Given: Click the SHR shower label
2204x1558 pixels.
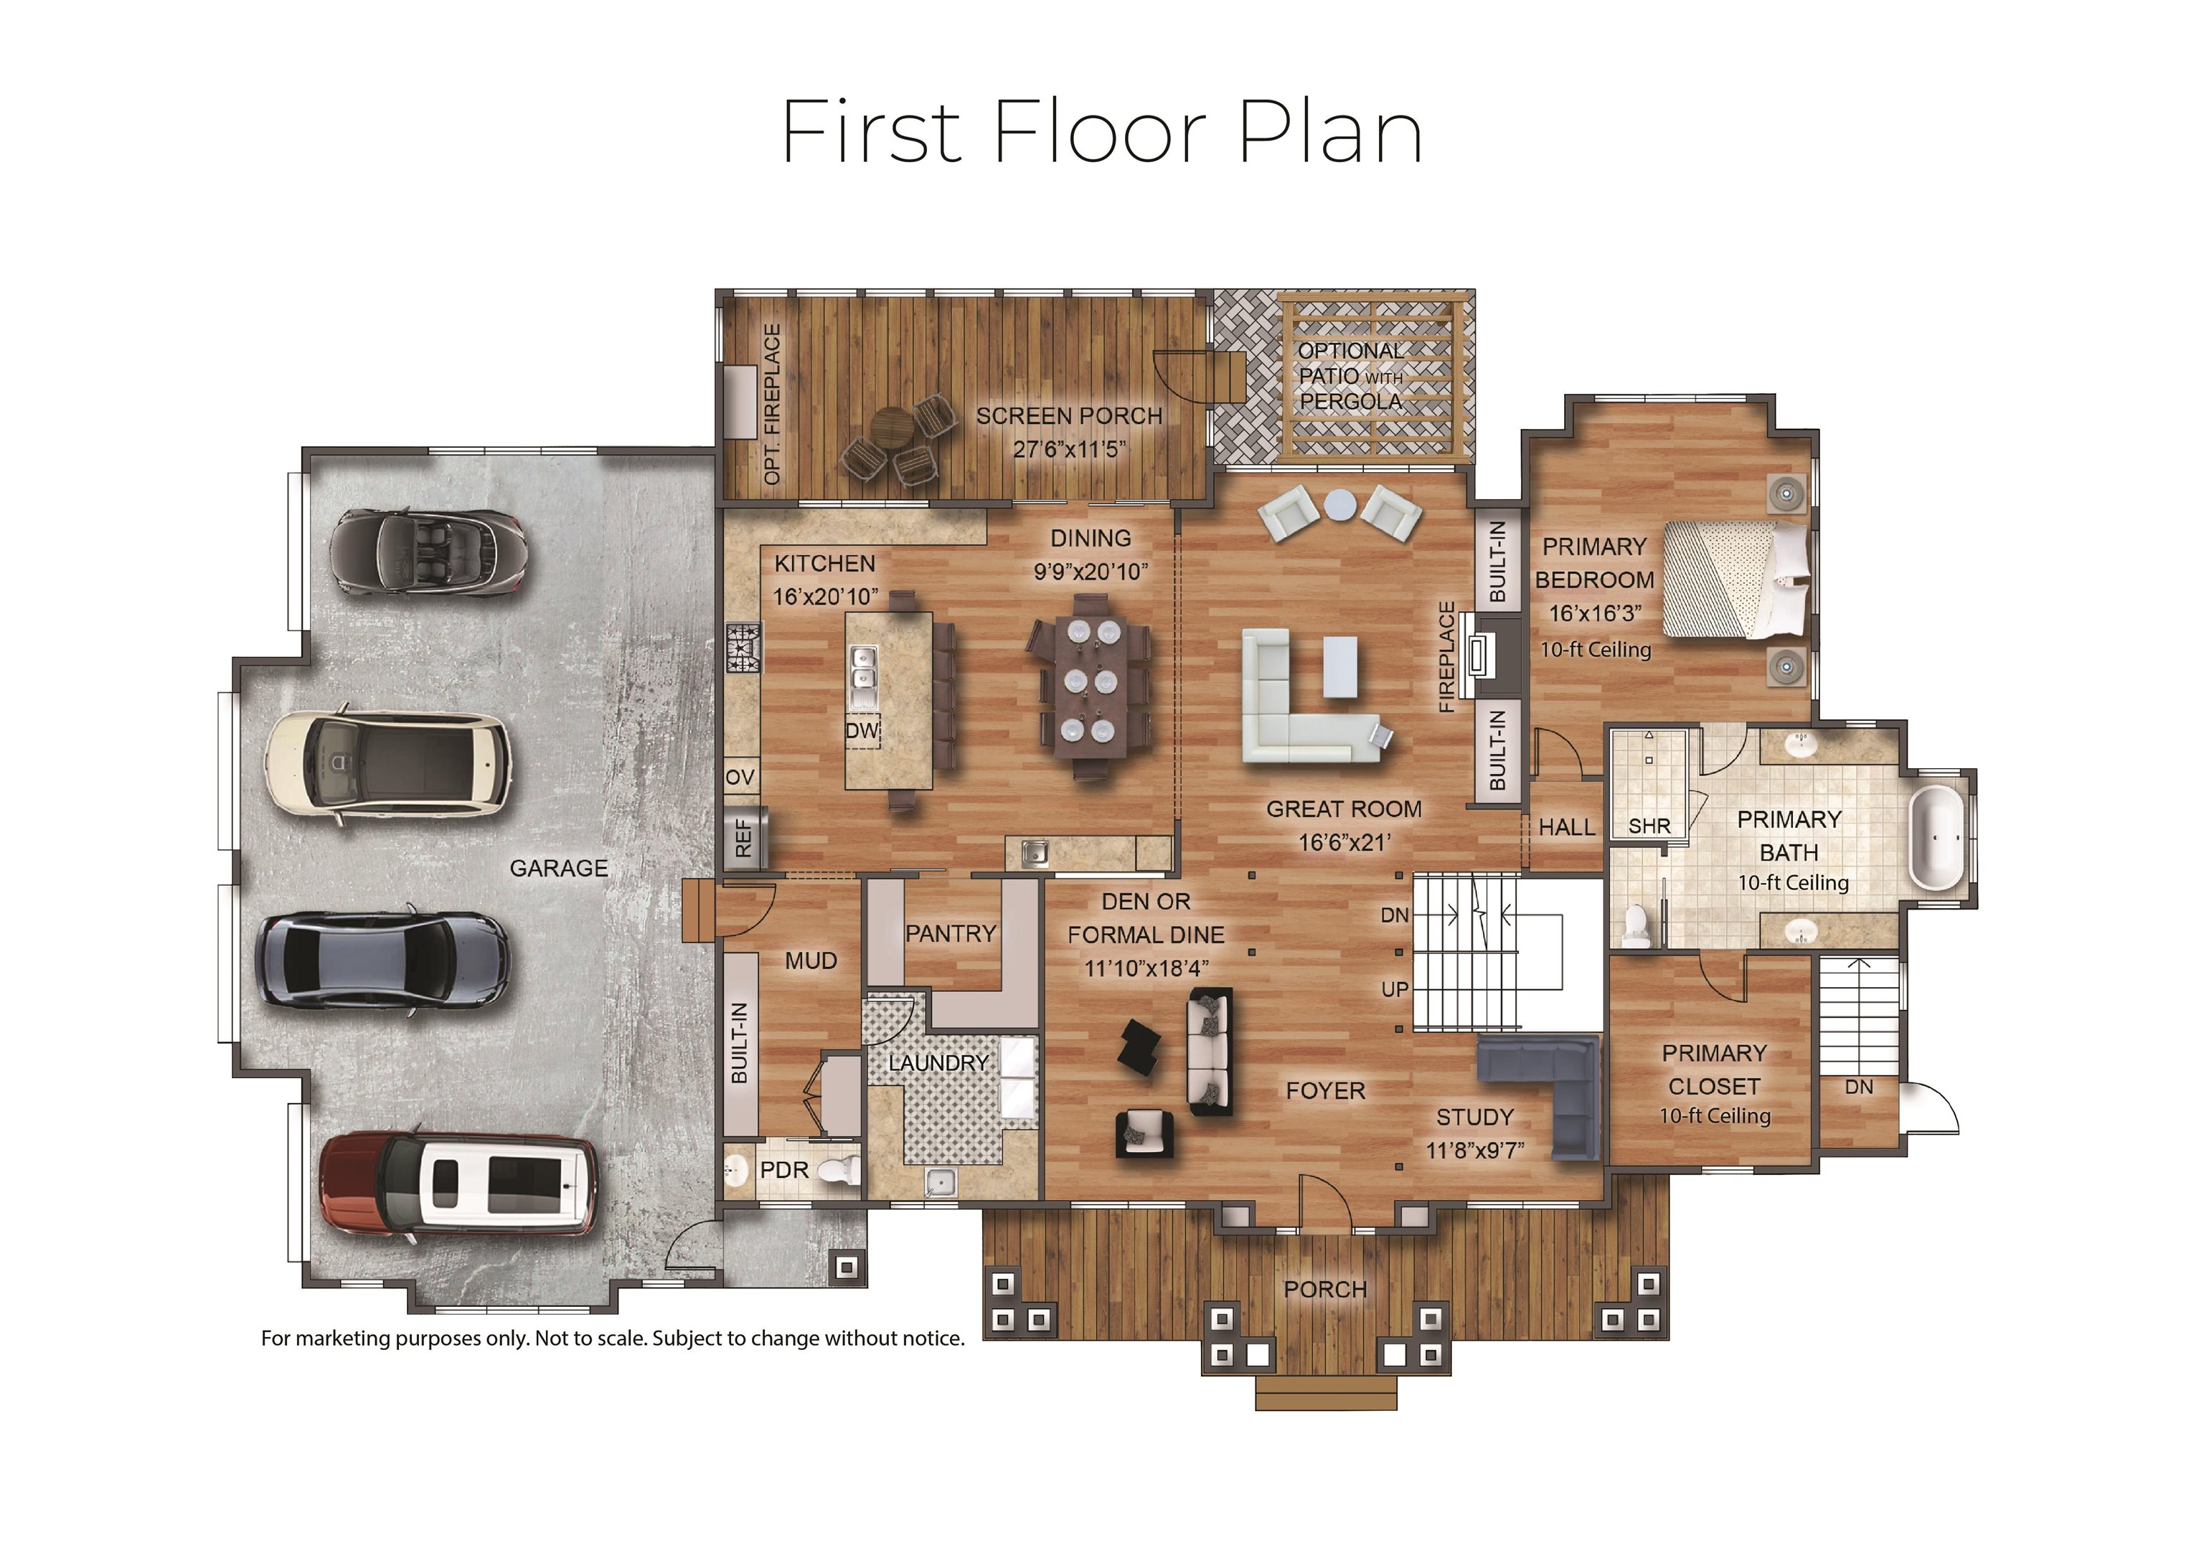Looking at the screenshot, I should coord(1649,826).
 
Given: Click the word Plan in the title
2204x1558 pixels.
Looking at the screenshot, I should coord(1329,133).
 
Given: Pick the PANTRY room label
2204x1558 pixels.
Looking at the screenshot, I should coord(951,933).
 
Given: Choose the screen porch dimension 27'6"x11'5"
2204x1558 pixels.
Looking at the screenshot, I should coord(1068,448).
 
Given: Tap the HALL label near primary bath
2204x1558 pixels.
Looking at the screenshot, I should coord(1565,826).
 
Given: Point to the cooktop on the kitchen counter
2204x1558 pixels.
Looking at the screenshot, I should coord(744,647).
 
